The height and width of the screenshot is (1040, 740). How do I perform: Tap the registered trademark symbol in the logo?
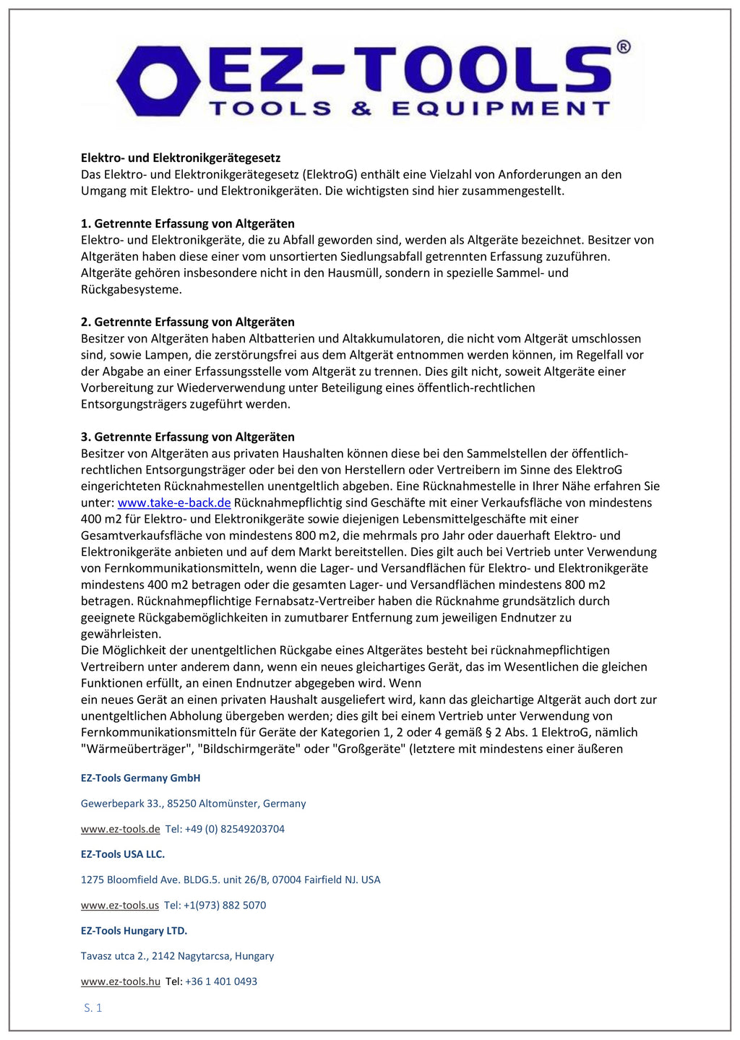click(x=623, y=47)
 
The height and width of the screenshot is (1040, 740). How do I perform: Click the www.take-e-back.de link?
click(x=174, y=502)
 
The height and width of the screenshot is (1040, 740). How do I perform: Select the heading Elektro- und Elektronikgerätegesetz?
click(x=181, y=158)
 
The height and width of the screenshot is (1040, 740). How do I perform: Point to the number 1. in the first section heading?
click(x=86, y=223)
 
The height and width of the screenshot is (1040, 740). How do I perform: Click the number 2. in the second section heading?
click(x=86, y=322)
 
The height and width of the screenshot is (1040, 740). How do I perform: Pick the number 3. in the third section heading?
click(x=86, y=437)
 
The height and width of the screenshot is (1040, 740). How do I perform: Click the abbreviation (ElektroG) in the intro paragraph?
click(x=330, y=174)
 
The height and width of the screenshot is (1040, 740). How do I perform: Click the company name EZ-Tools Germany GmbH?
click(x=140, y=778)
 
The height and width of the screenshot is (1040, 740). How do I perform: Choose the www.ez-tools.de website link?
click(x=120, y=829)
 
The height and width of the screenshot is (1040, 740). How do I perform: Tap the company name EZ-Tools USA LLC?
click(x=123, y=854)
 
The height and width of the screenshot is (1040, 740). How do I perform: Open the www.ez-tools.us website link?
click(x=119, y=905)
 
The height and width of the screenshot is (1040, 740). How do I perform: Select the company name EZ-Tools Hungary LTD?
click(x=134, y=930)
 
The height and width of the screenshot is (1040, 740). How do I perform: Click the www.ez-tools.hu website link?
click(x=120, y=981)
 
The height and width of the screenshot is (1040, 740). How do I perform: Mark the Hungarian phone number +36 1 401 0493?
click(x=221, y=981)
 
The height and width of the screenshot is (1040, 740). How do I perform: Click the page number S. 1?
click(x=93, y=1007)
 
